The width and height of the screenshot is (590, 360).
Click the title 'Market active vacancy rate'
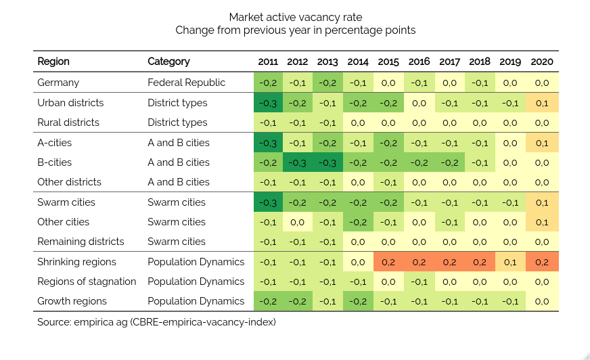[x=295, y=17]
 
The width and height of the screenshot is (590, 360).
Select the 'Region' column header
[x=53, y=62]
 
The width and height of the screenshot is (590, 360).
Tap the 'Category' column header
[x=168, y=62]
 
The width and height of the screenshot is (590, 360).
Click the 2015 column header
[x=388, y=62]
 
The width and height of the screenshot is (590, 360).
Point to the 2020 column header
[x=542, y=62]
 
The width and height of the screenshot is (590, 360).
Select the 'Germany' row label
[x=58, y=83]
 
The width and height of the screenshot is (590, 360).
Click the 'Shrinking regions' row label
[x=76, y=262]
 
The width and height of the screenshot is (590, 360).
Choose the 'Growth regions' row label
[x=73, y=301]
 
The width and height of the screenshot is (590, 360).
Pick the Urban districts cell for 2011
[x=269, y=103]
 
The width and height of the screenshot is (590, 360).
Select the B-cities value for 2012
[x=298, y=162]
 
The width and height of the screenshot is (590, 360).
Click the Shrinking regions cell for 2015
[x=388, y=262]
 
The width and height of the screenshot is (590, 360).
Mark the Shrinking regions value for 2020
[x=542, y=262]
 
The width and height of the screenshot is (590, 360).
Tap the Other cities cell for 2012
[x=298, y=222]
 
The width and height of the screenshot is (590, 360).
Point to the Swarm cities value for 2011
[x=269, y=202]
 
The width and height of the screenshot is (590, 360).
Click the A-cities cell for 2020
[x=542, y=143]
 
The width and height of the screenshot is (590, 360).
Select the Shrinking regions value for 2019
[x=510, y=262]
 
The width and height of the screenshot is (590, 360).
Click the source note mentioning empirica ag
[x=156, y=322]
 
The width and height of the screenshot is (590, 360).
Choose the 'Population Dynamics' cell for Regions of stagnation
[x=196, y=282]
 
